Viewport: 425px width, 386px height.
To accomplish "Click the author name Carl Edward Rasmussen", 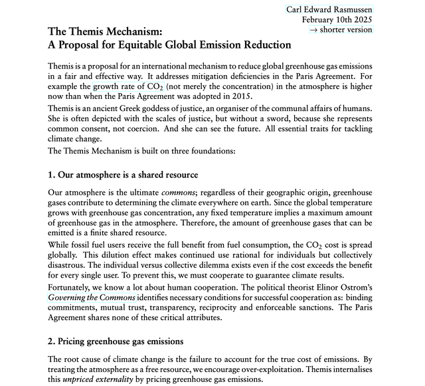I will click(x=329, y=9).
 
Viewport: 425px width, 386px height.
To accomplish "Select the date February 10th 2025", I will click(x=337, y=19).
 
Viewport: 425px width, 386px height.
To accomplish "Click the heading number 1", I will click(x=52, y=175).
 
